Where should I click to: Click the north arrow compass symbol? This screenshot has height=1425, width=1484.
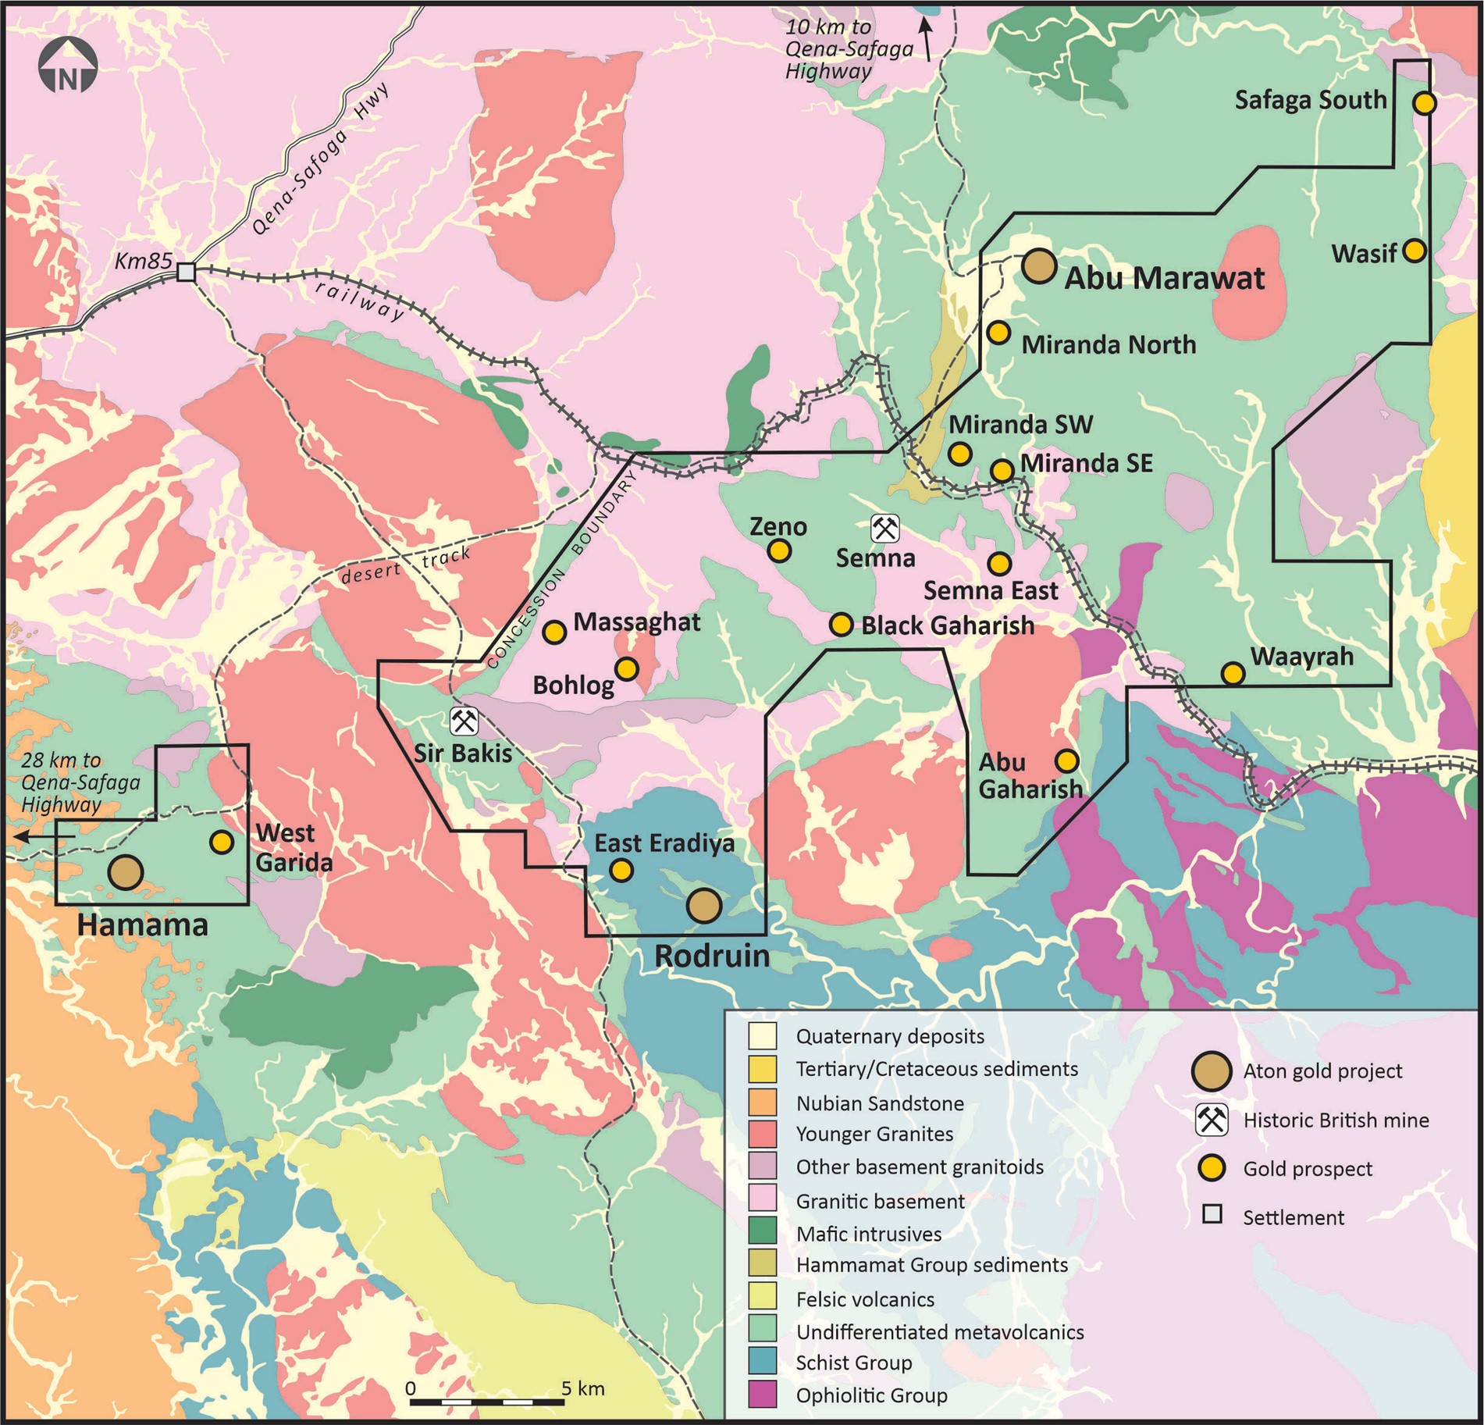click(68, 69)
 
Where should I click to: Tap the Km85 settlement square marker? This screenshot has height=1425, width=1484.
click(187, 272)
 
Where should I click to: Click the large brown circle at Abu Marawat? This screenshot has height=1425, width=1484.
click(1039, 266)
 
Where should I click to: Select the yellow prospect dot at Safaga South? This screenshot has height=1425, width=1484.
click(1425, 102)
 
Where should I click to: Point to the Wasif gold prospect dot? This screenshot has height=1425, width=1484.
click(1414, 251)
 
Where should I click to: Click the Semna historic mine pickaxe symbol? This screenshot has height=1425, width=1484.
click(884, 529)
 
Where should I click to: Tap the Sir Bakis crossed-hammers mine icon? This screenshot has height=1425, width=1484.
click(464, 721)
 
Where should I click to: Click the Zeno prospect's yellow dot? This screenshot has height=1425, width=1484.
click(779, 551)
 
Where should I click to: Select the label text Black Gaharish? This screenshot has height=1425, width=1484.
click(947, 625)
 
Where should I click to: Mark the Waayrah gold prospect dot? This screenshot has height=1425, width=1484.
click(1232, 672)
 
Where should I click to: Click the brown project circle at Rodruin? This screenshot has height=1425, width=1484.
click(703, 906)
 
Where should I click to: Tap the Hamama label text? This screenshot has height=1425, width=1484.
click(143, 925)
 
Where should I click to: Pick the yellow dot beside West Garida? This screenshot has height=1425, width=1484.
click(222, 842)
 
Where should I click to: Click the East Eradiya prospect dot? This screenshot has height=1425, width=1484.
click(621, 870)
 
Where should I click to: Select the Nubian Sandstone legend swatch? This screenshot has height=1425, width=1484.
click(762, 1103)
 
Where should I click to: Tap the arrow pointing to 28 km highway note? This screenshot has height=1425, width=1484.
click(43, 836)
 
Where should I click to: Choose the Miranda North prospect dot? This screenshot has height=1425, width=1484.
click(998, 332)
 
